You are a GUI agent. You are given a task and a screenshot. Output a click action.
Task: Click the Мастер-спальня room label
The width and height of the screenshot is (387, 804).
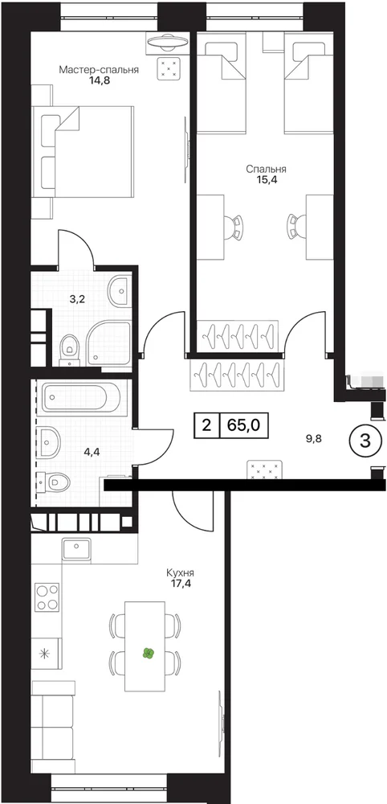[99, 70]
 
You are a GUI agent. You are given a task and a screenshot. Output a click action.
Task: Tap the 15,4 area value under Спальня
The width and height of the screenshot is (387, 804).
[265, 179]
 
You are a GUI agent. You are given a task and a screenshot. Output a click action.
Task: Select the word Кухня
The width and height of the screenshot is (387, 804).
[180, 573]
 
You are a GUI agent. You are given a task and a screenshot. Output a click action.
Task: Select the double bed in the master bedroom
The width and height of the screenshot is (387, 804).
[83, 151]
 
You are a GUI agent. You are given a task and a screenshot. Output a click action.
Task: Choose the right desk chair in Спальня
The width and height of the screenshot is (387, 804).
[293, 226]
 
